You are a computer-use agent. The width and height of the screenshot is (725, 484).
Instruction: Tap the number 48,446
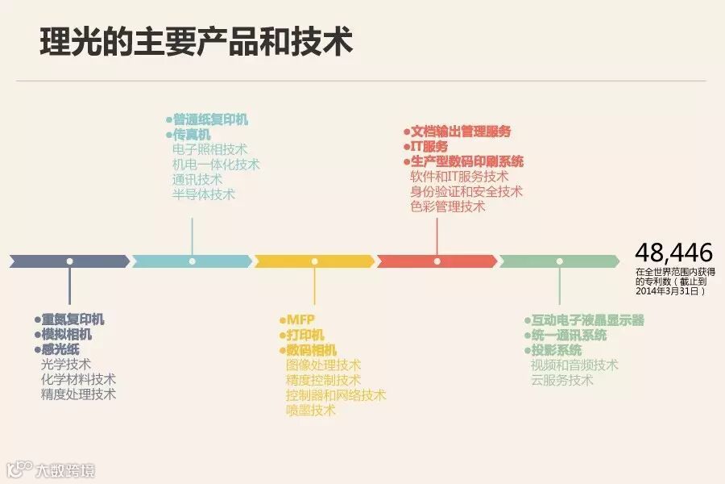pos(673,252)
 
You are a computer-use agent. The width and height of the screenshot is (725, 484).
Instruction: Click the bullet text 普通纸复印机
pos(210,119)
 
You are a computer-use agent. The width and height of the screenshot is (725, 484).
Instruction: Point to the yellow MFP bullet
pos(300,319)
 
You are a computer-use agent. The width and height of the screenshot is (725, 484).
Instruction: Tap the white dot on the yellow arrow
pos(314,261)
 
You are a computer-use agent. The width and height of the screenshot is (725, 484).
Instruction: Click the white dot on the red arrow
pos(437,261)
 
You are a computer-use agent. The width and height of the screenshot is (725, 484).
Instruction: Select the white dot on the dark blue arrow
pos(70,261)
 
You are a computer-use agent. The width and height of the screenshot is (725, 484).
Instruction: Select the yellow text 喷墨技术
pos(310,411)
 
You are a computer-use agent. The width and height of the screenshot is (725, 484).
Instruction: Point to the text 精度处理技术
pos(78,394)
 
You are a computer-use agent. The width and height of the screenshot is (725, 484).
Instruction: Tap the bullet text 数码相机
pos(311,350)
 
